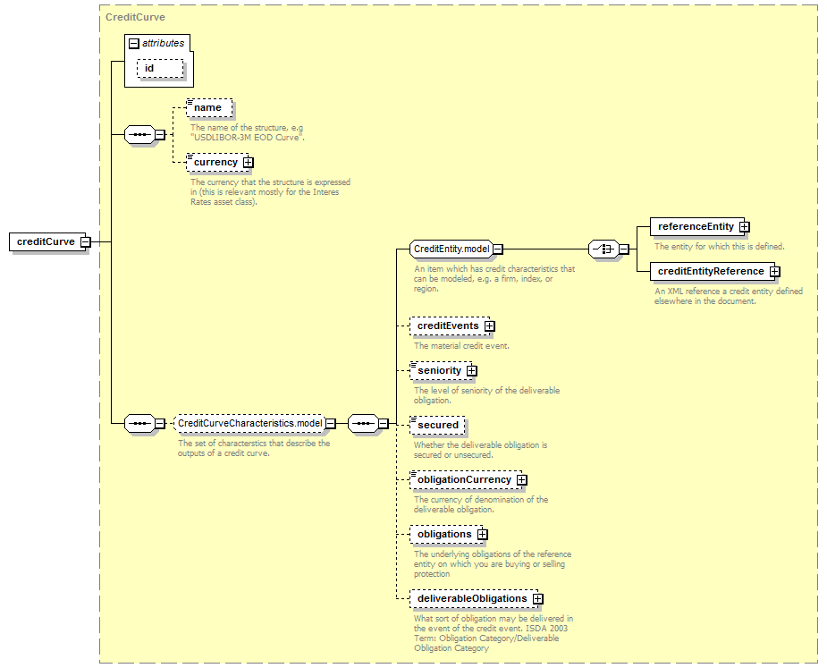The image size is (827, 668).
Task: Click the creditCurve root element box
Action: coord(46,241)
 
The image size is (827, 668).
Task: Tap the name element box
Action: coord(207,108)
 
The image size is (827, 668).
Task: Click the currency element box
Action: coord(215,162)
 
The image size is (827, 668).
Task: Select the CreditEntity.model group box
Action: coord(451,249)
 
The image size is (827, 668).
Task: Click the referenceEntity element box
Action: coord(695,226)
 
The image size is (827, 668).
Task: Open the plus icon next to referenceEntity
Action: coord(744,227)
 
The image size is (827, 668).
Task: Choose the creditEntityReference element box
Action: coord(710,271)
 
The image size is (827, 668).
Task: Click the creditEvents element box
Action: coord(447,326)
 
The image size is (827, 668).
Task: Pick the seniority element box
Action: coord(439,370)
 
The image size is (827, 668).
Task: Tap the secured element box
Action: coord(437,425)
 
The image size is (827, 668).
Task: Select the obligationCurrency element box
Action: coord(464,479)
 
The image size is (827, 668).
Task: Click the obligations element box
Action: coord(443,534)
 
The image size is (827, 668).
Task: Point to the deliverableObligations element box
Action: coord(471,598)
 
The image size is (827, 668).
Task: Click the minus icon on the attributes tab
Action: coord(134,43)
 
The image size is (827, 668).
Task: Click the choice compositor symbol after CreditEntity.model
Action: coord(604,249)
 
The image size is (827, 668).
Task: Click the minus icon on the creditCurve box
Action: coord(84,241)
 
